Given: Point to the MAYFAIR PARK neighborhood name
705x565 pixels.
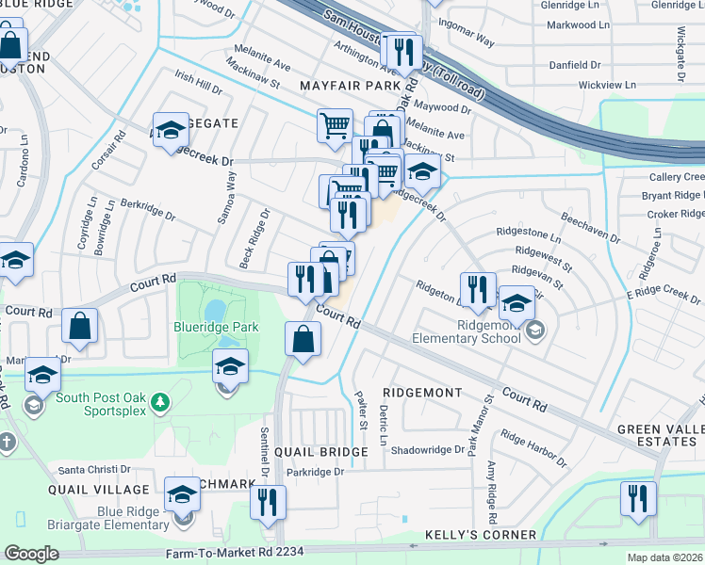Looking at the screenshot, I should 351,86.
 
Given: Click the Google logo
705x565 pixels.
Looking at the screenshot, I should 31,554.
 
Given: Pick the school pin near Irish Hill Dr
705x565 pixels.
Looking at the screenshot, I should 172,131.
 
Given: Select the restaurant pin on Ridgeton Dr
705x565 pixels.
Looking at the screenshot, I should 478,288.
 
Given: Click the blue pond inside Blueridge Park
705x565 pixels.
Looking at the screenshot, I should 216,309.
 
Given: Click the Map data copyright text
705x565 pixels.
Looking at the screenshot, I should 665,557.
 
